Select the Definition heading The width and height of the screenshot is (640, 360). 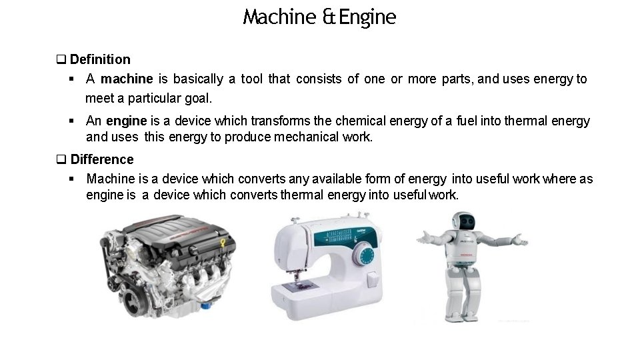[100, 59]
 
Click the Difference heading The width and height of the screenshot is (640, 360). [101, 159]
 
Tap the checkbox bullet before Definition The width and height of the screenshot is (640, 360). [61, 59]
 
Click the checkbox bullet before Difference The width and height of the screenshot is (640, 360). [61, 159]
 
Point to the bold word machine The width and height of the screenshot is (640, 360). [127, 79]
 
